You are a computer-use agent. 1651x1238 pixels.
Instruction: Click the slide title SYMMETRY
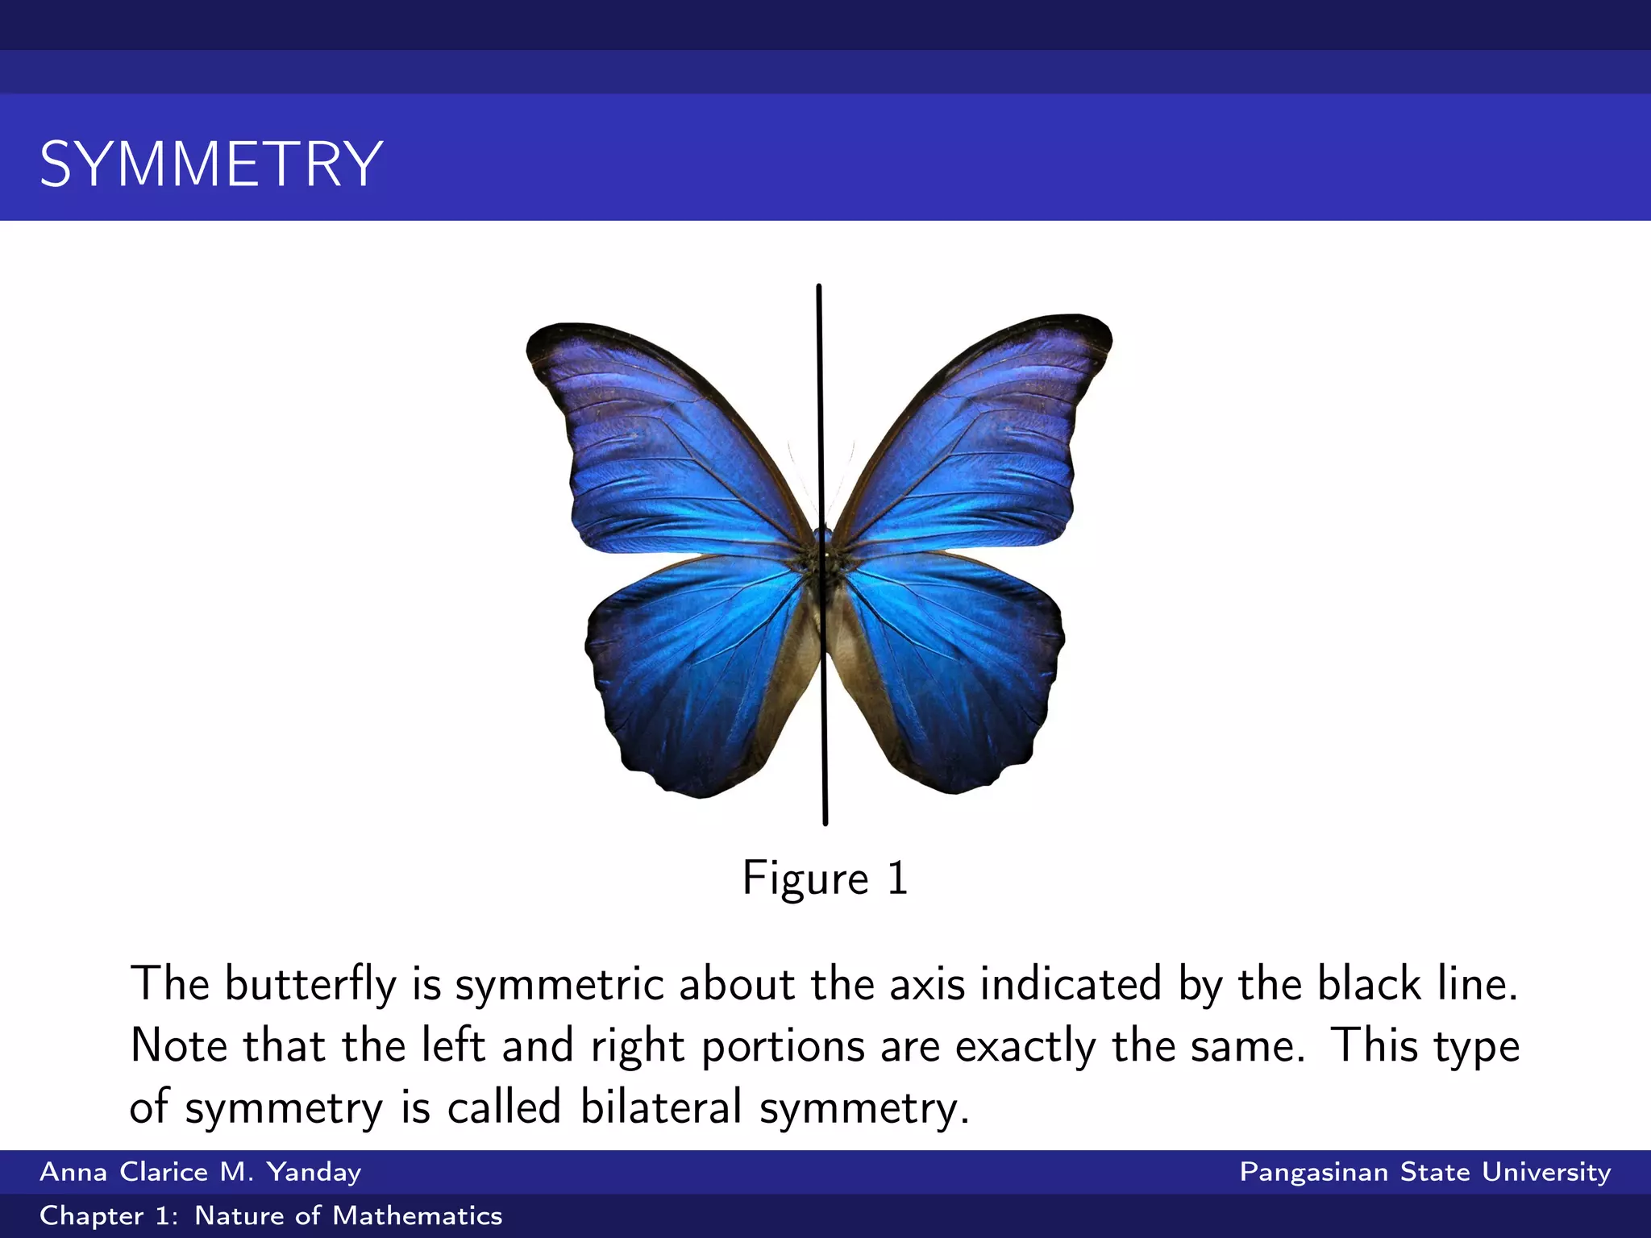(x=211, y=164)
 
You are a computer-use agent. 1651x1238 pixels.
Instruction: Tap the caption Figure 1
(x=825, y=878)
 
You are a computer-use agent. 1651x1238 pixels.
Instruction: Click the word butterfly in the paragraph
(x=310, y=984)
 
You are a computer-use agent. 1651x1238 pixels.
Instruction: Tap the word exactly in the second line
(x=1025, y=1046)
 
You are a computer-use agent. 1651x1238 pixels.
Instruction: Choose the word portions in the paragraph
(x=782, y=1046)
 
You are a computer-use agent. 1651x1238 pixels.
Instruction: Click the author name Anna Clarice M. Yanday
(x=200, y=1172)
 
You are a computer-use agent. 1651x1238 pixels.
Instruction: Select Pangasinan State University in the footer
(x=1424, y=1172)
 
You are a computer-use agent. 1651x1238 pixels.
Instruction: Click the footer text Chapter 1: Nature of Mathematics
(x=271, y=1215)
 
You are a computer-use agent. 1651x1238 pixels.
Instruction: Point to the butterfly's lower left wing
(x=693, y=669)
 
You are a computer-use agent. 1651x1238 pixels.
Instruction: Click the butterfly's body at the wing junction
(x=822, y=556)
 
